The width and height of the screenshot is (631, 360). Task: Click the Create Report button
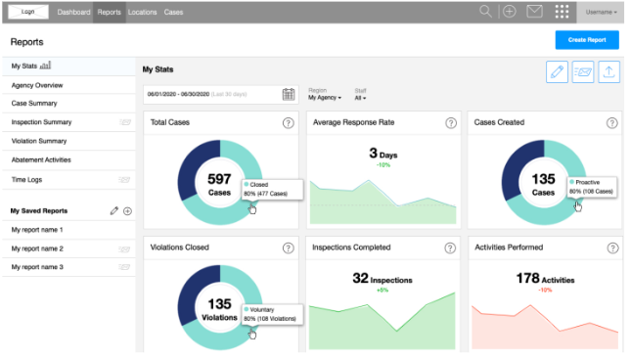click(x=586, y=40)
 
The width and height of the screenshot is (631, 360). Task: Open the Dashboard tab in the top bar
click(x=74, y=12)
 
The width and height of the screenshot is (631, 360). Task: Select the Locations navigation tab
click(x=142, y=12)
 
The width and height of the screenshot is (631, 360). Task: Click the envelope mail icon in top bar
click(x=534, y=12)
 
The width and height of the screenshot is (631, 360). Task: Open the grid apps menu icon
click(x=562, y=12)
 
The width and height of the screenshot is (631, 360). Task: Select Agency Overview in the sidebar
click(x=37, y=85)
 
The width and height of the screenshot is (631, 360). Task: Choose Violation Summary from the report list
click(x=39, y=141)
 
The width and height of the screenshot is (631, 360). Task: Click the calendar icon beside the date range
click(x=289, y=94)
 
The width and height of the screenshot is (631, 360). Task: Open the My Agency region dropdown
click(x=325, y=98)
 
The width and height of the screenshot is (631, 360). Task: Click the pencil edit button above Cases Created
click(x=558, y=71)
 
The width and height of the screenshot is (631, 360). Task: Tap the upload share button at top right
click(x=608, y=71)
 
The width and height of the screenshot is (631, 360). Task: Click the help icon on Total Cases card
click(x=288, y=123)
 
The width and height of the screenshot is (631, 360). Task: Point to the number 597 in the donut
click(x=219, y=179)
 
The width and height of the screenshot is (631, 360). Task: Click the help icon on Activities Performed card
click(x=611, y=247)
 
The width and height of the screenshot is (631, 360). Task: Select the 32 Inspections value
click(x=382, y=279)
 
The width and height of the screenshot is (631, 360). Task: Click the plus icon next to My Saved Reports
click(x=127, y=210)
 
